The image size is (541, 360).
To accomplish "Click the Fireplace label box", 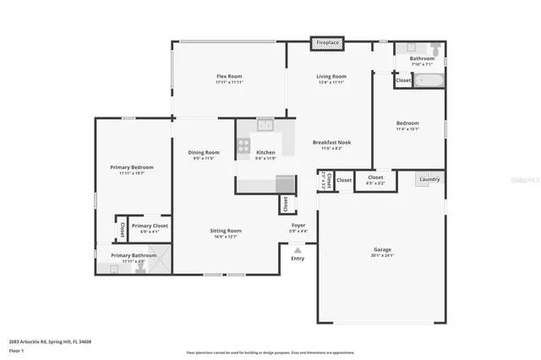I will [x=327, y=42].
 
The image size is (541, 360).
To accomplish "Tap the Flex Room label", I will [x=230, y=76].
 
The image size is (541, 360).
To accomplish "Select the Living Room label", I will [x=331, y=76].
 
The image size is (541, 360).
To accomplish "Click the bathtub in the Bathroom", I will [x=428, y=81].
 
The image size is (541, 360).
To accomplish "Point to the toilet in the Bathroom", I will [x=435, y=49].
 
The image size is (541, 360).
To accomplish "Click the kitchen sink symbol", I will [x=265, y=128].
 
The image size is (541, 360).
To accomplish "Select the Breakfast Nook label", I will [x=331, y=142].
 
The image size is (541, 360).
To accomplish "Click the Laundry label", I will [x=429, y=178].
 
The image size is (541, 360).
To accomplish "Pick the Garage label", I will [x=382, y=249].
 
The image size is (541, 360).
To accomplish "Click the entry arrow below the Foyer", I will [x=298, y=250].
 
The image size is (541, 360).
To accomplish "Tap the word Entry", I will [x=298, y=259].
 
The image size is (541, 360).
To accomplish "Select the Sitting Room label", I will [x=226, y=231].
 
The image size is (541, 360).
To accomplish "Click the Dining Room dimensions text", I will [x=203, y=158].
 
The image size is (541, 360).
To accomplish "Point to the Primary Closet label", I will [x=150, y=226].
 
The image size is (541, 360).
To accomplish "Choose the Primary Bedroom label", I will [x=132, y=166].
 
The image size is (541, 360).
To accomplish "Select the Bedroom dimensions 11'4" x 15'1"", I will [x=408, y=129].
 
